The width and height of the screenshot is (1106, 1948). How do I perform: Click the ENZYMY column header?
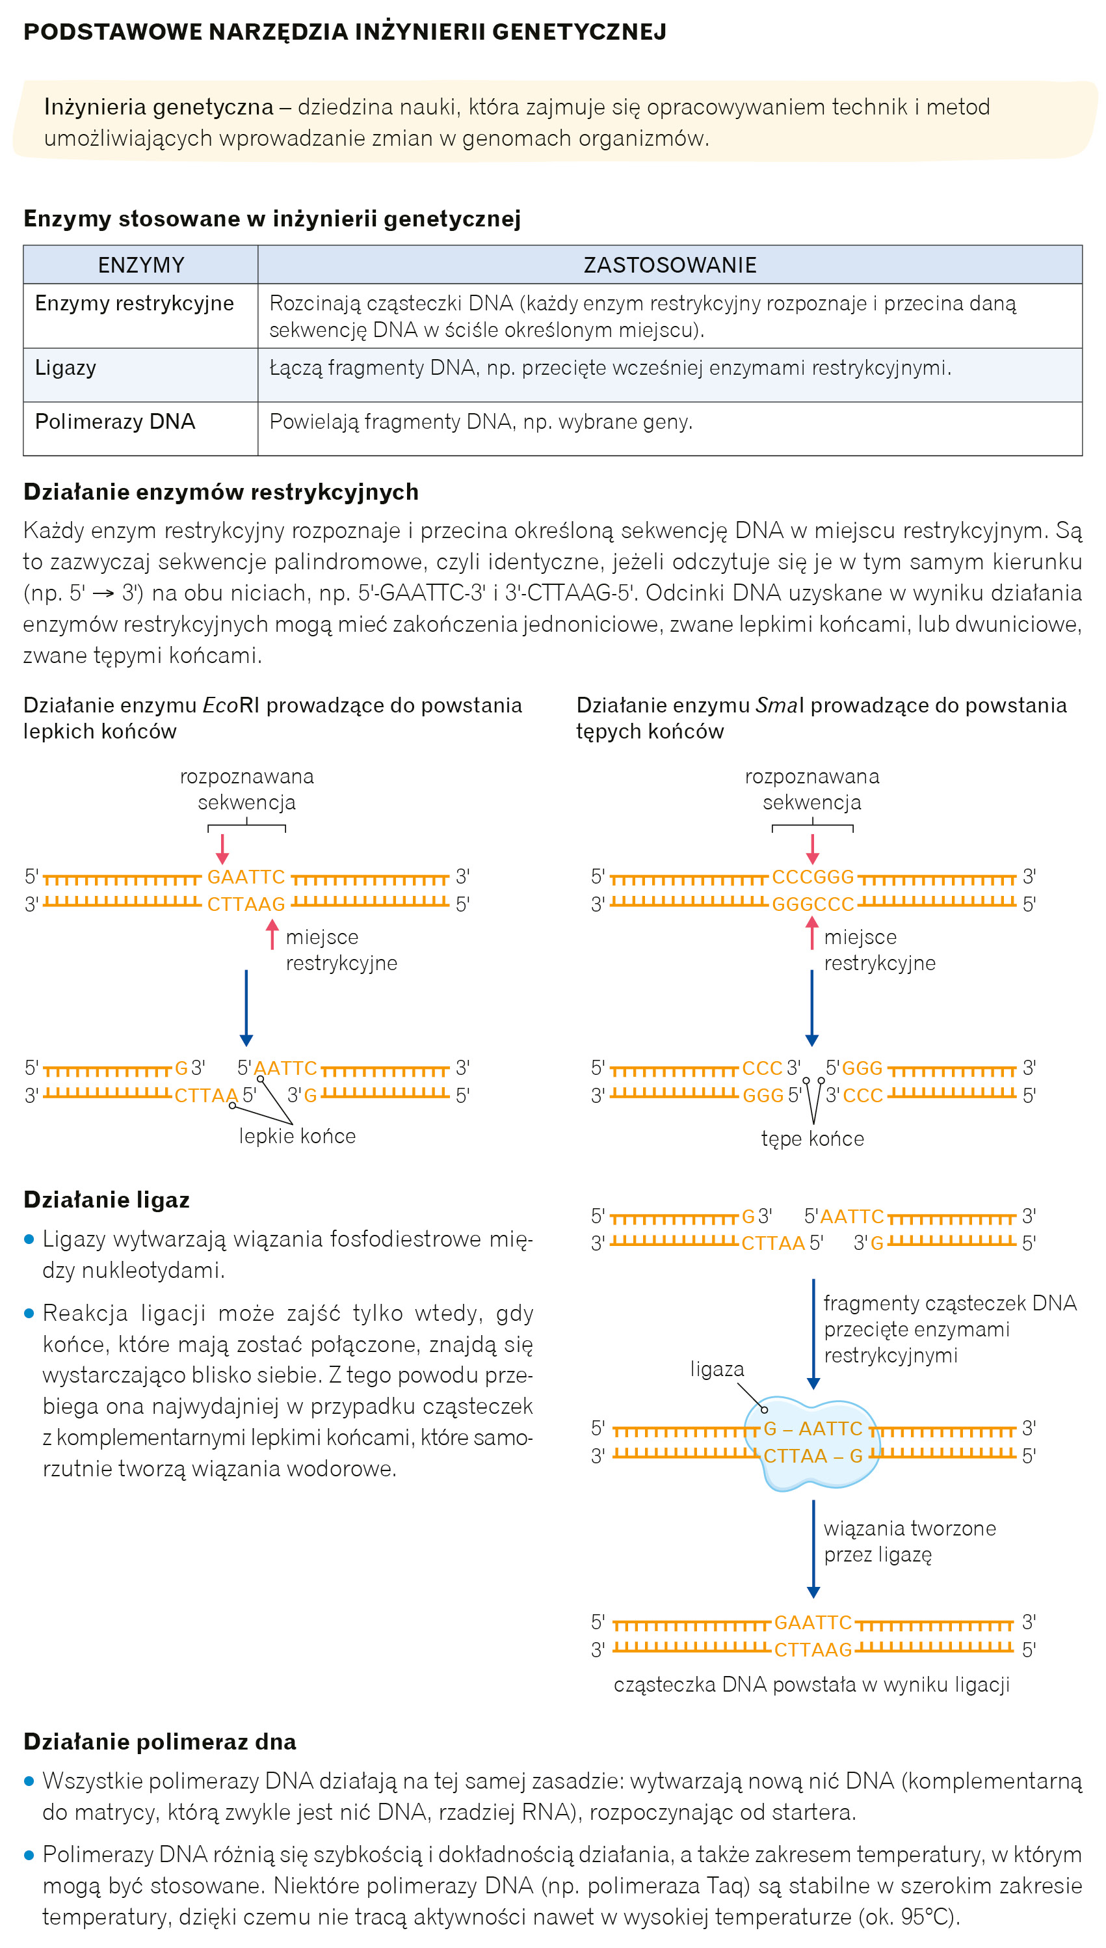coord(140,265)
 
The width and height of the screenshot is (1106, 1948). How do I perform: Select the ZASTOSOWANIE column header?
coord(669,265)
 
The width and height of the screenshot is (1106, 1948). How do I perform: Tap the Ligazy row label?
coord(66,368)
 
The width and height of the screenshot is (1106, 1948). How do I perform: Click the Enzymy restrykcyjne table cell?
coord(135,303)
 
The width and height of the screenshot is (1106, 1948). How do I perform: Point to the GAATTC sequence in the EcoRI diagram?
coord(246,877)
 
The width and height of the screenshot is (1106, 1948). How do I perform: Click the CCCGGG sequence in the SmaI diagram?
coord(813,877)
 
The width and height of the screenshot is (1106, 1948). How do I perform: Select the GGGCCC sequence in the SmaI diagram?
coord(813,904)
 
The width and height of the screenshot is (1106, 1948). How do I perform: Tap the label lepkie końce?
coord(297,1136)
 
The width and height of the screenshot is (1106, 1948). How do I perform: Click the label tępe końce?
coord(812,1139)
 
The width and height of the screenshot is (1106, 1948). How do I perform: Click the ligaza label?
coord(717,1369)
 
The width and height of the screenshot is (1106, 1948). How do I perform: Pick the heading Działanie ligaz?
coord(107,1199)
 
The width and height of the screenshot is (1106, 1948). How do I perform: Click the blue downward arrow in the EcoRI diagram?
coord(246,1007)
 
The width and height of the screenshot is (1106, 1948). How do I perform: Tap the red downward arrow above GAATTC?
coord(222,848)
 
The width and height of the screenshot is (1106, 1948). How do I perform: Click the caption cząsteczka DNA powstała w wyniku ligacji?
coord(811,1684)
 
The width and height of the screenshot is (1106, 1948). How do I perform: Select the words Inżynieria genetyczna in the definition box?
coord(158,107)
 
